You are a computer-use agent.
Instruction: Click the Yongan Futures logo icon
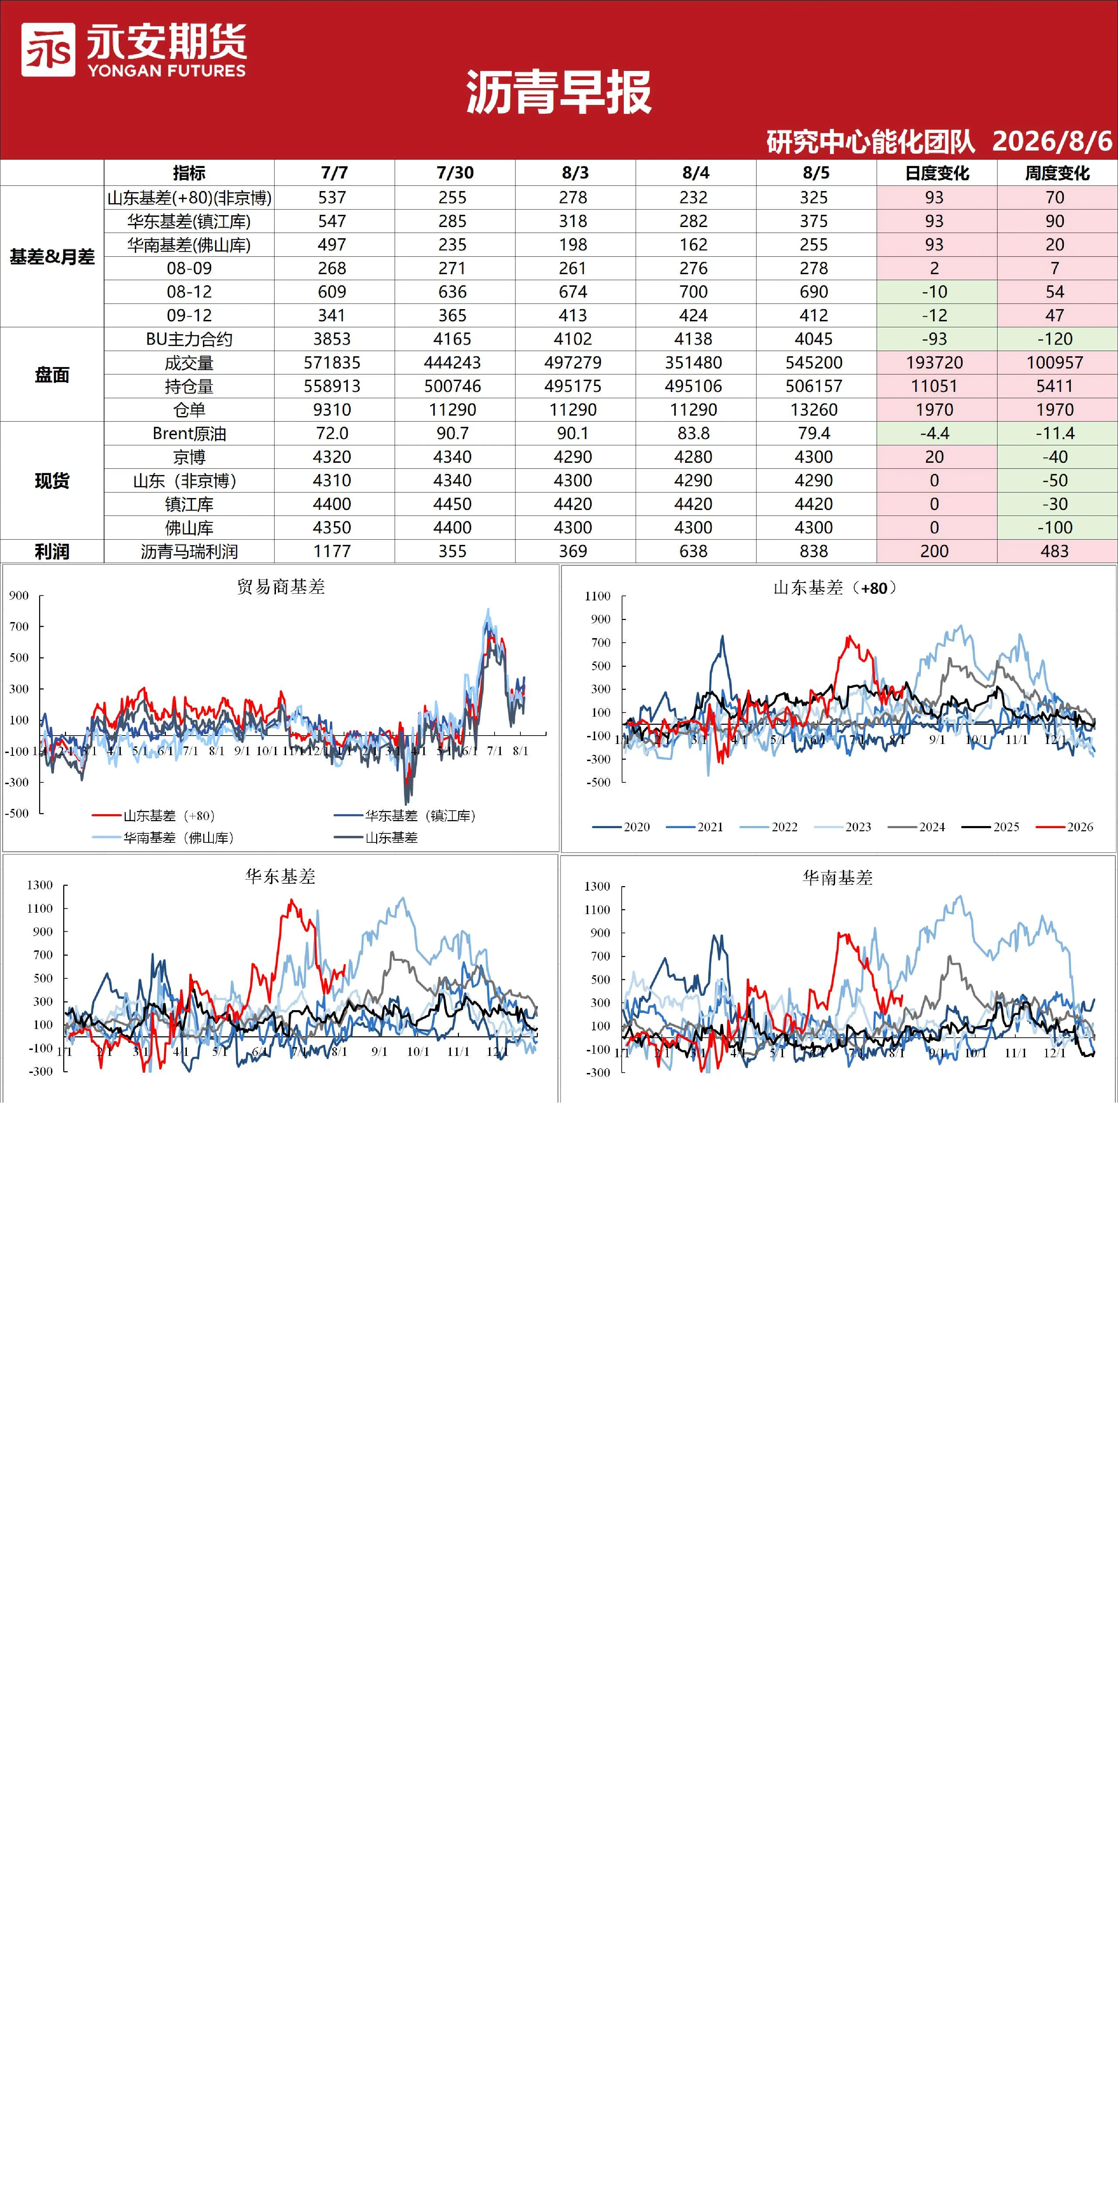point(48,50)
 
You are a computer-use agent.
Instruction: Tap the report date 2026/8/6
point(1052,141)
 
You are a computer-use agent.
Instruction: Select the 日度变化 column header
point(936,173)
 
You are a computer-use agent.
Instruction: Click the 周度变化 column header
point(1057,173)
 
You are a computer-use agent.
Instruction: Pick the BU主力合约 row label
point(189,339)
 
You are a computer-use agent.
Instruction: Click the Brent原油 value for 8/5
point(814,433)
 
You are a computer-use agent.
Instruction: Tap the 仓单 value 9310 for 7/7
point(332,410)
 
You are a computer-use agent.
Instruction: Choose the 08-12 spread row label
point(189,292)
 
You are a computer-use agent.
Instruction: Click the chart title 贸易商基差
point(281,586)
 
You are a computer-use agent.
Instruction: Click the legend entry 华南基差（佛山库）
point(163,838)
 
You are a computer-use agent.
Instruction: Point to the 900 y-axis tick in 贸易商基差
point(19,596)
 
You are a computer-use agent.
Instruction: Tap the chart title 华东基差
point(281,877)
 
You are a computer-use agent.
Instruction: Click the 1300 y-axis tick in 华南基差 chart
point(598,886)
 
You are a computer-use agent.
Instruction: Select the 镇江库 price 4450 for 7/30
point(453,504)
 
